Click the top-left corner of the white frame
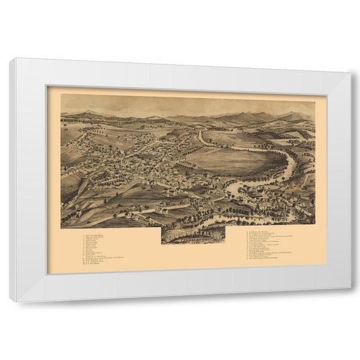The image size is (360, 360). coord(11,59)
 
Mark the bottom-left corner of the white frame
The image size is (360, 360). coord(11,301)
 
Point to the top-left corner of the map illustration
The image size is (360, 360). coord(61,95)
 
